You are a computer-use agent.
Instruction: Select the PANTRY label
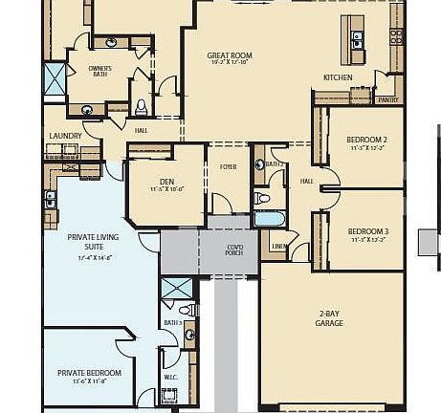tap(387, 99)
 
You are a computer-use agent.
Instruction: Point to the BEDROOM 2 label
tap(366, 140)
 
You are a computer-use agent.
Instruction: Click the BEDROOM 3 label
tap(367, 231)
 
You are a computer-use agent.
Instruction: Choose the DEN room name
tap(166, 181)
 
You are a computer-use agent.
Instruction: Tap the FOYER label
tap(228, 166)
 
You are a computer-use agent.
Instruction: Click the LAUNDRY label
tap(65, 136)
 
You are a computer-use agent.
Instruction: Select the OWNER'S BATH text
tap(99, 72)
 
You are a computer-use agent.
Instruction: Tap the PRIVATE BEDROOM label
tap(89, 373)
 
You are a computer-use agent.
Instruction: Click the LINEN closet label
tap(278, 247)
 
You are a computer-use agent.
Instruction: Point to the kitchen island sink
tap(358, 39)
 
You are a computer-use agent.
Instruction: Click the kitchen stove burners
tap(395, 36)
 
